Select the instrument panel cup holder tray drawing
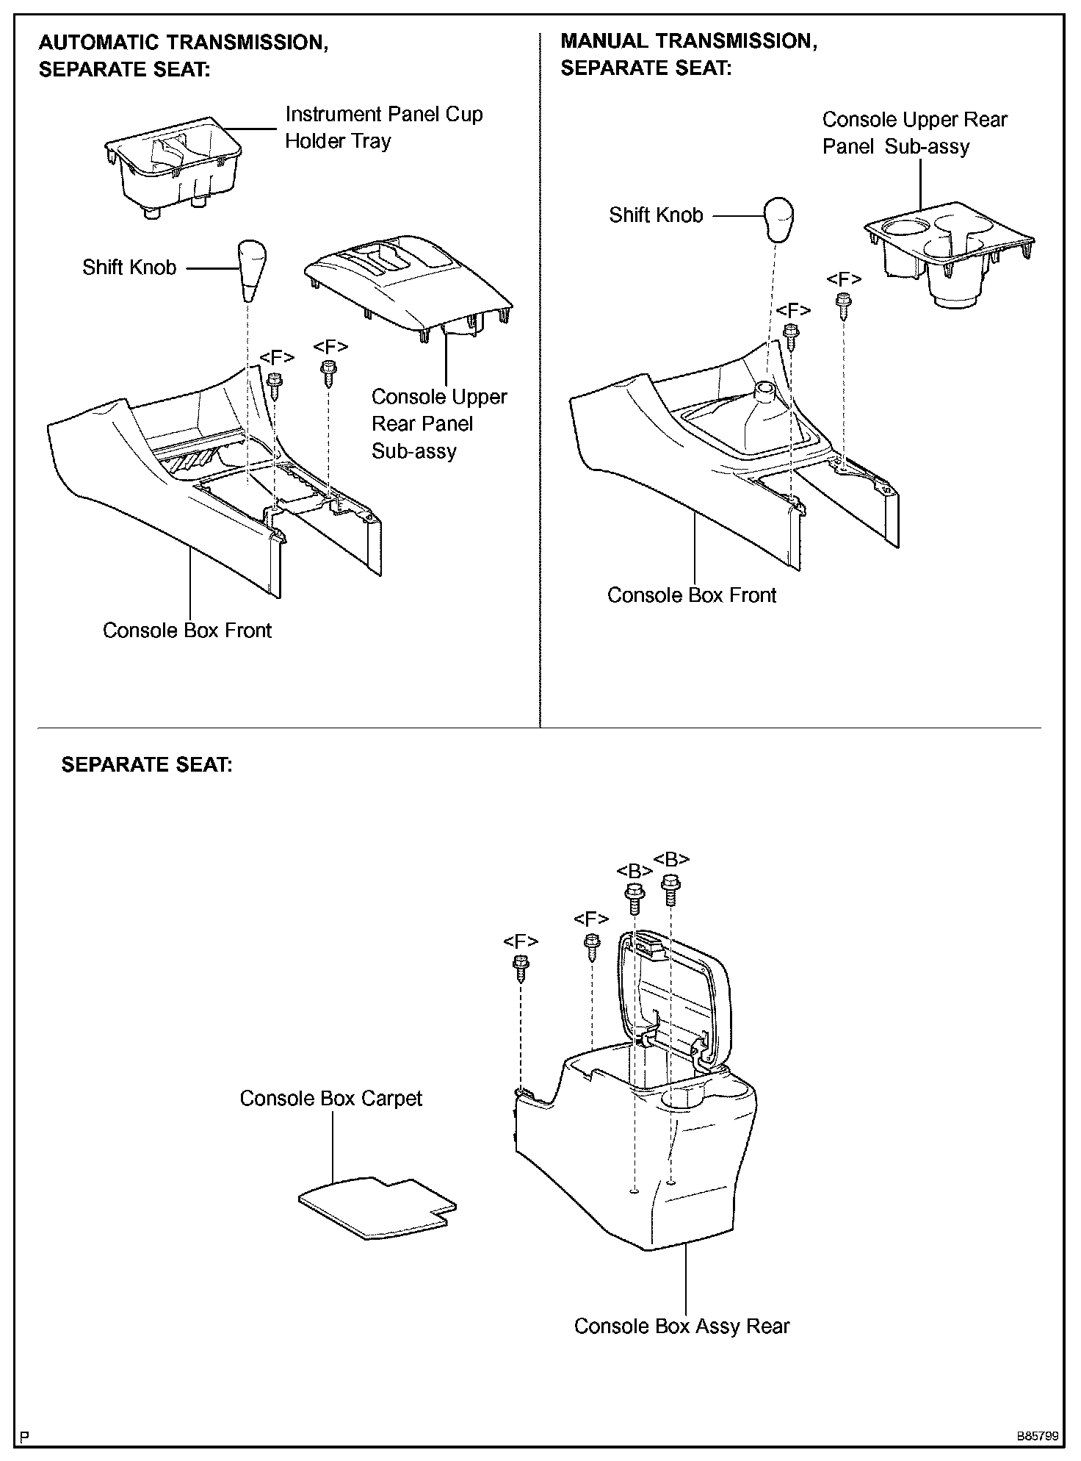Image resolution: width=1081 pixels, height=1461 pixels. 174,168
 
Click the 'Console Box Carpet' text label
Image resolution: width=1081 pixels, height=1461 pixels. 330,1099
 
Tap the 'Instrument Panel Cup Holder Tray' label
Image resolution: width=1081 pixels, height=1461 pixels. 383,127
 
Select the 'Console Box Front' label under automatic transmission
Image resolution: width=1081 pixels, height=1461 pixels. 187,631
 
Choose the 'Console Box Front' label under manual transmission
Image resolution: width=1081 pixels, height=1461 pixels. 691,595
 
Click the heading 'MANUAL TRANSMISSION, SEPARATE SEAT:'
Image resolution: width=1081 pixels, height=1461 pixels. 688,54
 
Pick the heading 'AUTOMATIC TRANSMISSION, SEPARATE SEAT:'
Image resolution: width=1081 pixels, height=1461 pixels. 183,56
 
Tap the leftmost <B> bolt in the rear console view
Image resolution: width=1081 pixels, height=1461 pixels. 634,899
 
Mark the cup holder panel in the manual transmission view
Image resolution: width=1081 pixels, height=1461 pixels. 948,251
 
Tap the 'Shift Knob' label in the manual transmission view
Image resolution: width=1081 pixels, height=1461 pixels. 656,215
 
